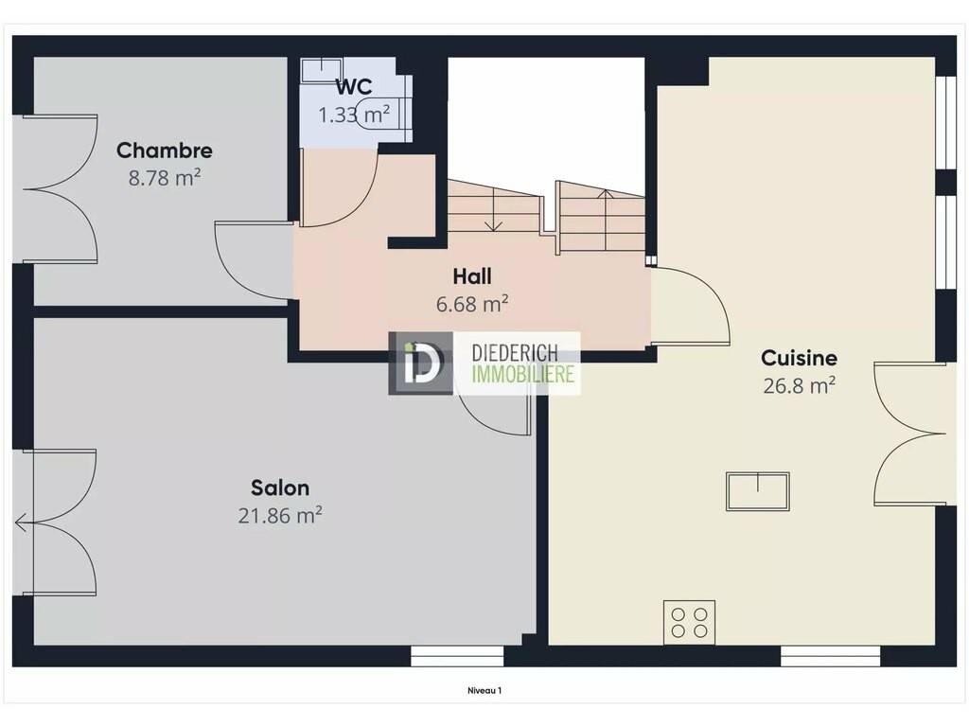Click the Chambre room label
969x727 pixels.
click(x=165, y=151)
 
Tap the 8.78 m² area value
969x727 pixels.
click(x=165, y=178)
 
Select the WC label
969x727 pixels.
click(x=354, y=87)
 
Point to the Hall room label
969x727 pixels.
click(x=472, y=276)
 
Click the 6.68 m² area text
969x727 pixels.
click(x=472, y=304)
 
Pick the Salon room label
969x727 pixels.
click(x=280, y=488)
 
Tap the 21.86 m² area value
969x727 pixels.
click(x=280, y=515)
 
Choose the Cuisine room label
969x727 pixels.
click(x=799, y=358)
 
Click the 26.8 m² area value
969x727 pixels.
click(x=799, y=386)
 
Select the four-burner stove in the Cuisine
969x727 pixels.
click(x=689, y=622)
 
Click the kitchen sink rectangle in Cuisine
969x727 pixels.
click(x=758, y=491)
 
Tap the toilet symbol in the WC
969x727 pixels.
click(x=384, y=112)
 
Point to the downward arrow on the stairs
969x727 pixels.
click(x=492, y=210)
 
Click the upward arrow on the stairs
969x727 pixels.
click(x=606, y=221)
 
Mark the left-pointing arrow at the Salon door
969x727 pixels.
click(x=24, y=523)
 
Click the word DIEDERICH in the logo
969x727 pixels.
click(x=515, y=354)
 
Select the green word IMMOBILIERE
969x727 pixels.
click(x=522, y=373)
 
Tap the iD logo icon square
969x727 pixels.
click(x=420, y=363)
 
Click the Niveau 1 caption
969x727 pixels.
click(x=484, y=690)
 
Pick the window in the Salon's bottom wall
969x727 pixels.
click(x=457, y=657)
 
